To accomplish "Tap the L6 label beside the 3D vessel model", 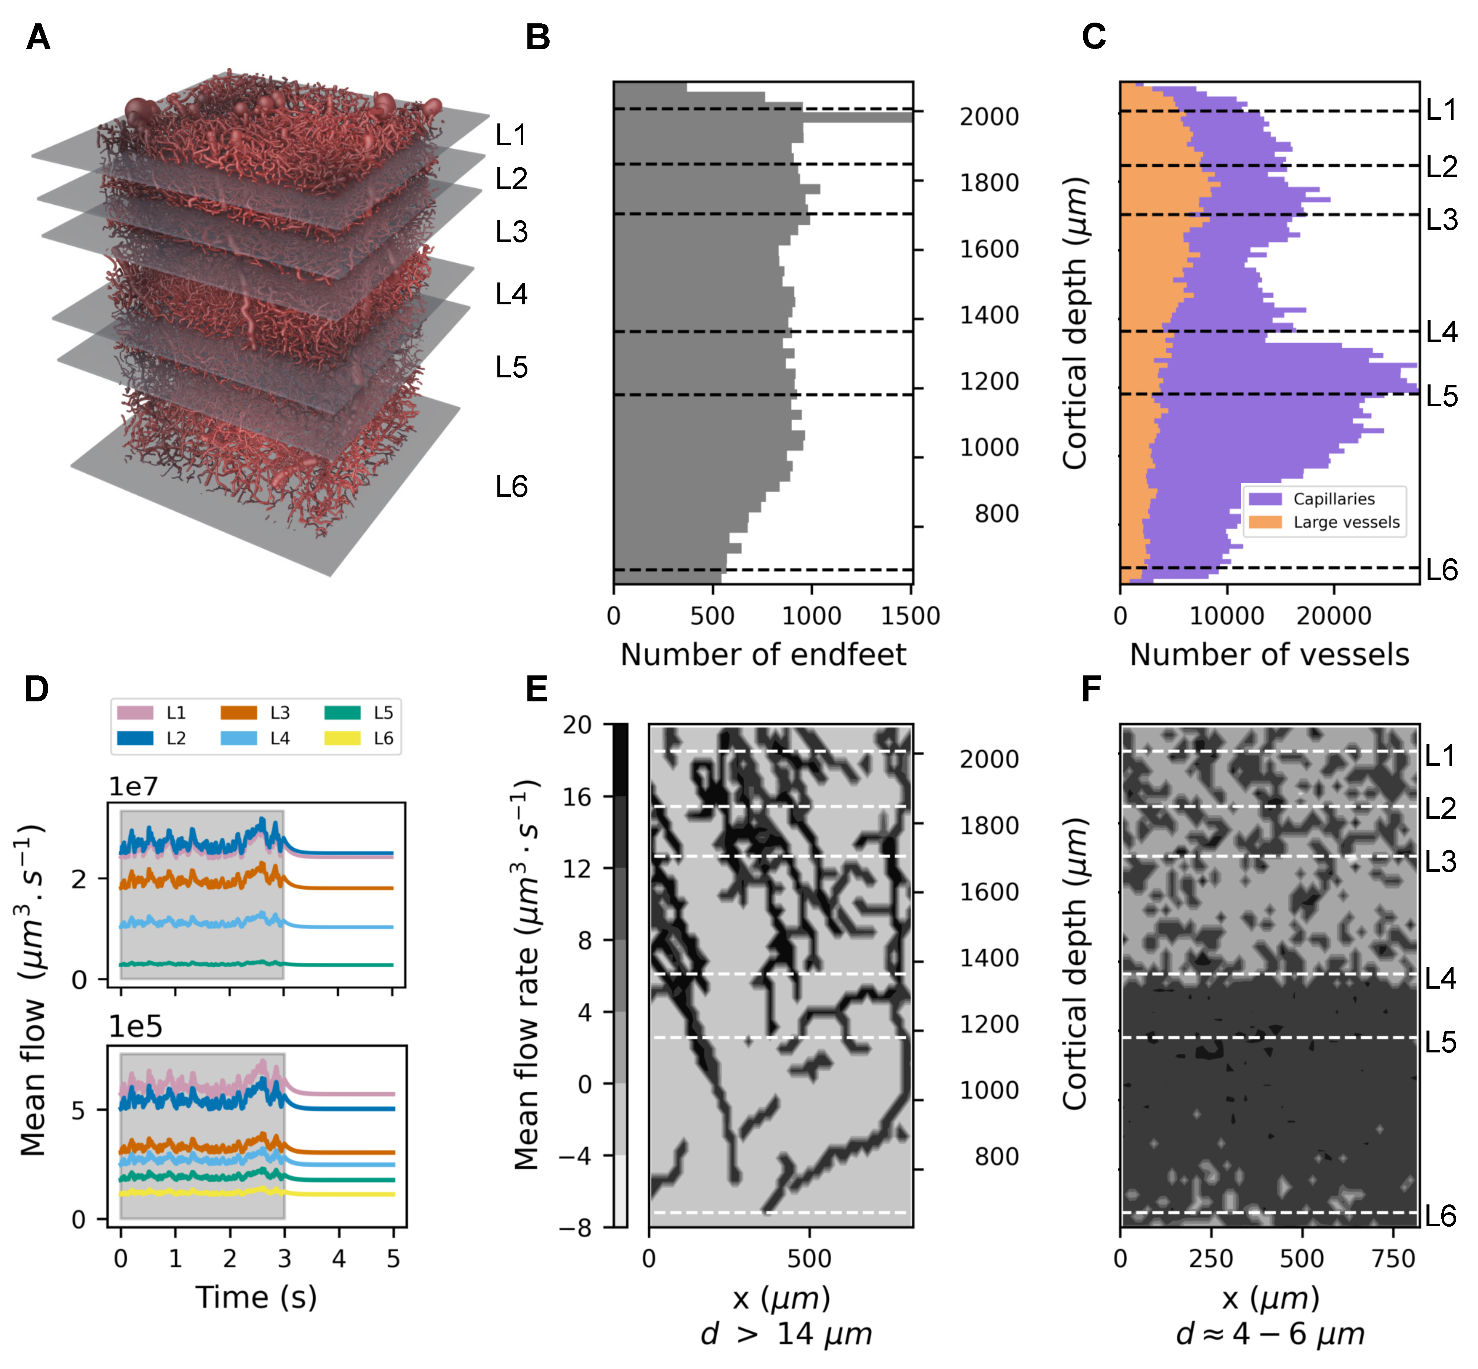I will click(511, 487).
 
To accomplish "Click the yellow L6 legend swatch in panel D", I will click(342, 738).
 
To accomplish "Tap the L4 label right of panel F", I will click(1440, 979).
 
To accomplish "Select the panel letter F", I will click(1091, 689).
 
